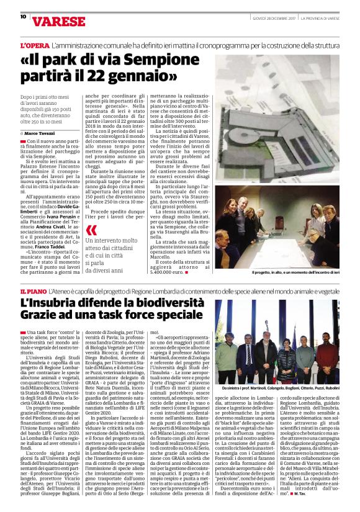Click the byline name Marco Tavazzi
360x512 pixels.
[x=39, y=133]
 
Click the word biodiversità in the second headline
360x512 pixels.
[x=169, y=303]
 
